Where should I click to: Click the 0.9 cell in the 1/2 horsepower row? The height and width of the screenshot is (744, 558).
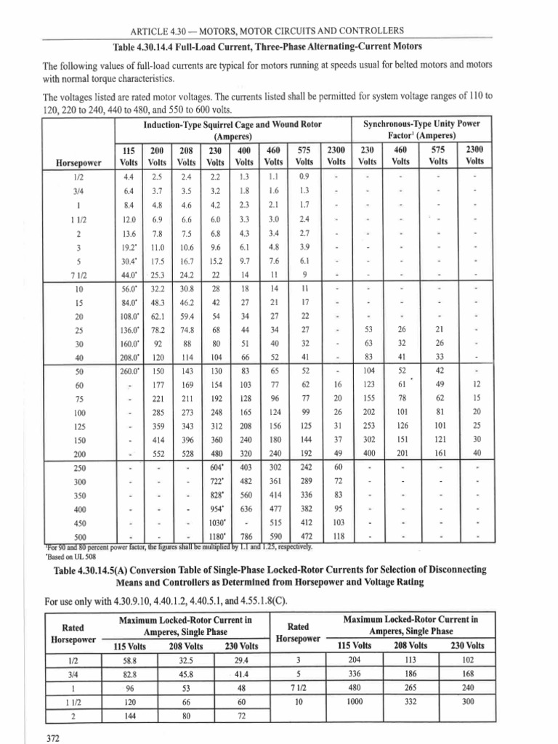(304, 176)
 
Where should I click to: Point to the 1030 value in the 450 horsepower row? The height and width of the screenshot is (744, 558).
(218, 522)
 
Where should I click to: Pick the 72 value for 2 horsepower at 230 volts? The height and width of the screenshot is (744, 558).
(242, 716)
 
